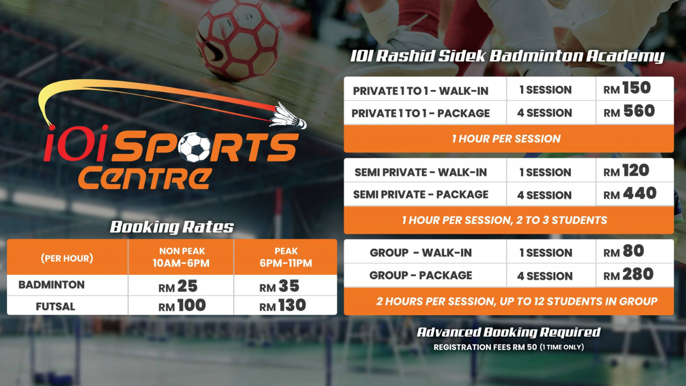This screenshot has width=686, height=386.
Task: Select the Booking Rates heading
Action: pos(172,227)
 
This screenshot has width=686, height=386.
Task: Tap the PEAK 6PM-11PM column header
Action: pos(286,257)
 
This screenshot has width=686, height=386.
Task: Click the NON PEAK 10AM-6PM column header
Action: pos(182,257)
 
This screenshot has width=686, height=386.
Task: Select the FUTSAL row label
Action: pos(55,307)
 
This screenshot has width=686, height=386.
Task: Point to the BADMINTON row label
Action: pos(51,285)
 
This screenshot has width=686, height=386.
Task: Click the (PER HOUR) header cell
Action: pos(67,258)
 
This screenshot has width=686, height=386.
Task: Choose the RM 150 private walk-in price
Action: pos(627,88)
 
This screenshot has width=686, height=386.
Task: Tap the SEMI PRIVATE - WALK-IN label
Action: pos(421,172)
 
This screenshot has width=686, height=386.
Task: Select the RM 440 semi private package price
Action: pos(630,194)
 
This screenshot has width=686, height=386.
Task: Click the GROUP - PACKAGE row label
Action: pos(421,275)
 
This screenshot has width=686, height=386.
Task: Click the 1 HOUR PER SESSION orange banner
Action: pos(506,138)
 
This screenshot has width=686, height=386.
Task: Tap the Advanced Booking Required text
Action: pos(509,332)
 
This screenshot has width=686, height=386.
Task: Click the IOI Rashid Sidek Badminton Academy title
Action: pos(507,56)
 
